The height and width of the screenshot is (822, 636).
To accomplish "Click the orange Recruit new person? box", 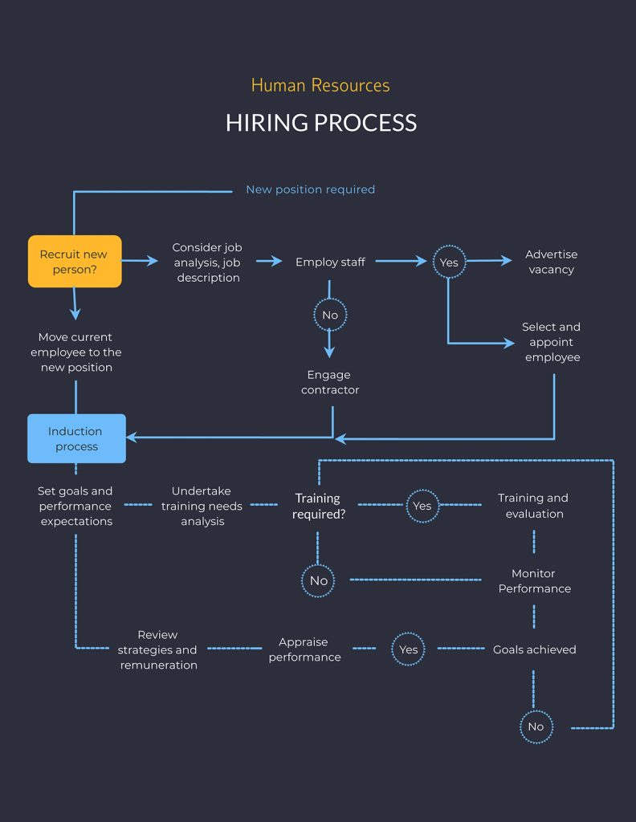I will pos(75,262).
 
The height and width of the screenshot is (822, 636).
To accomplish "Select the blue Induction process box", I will pos(76,438).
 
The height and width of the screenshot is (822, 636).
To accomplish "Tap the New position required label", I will pos(310,189).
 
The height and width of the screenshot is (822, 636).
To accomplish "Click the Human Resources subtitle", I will pos(320,85).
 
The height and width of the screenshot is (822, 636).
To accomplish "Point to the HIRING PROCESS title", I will pos(320,123).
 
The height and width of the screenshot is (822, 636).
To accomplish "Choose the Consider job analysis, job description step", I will pos(206,262).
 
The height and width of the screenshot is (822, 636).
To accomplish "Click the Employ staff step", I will pos(330,262).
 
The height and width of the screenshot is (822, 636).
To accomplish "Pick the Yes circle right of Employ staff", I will pos(449,262).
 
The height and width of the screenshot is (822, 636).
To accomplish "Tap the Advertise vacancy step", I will pos(551,262).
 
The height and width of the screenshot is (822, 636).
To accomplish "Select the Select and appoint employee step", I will pos(552,342).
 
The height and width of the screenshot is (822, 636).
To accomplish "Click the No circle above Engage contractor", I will pos(330,315).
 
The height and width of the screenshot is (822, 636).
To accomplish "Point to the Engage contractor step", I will pos(330,382).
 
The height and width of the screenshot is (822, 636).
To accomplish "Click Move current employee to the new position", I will pos(75,352).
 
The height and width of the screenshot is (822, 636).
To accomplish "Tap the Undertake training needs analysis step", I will pos(202,506).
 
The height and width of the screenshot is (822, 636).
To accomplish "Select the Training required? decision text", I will pos(318,506).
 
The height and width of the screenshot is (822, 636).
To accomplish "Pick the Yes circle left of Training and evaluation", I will pos(422,506).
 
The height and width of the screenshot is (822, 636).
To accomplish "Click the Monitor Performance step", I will pos(534,581).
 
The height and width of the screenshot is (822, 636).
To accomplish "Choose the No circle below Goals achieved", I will pos(536,726).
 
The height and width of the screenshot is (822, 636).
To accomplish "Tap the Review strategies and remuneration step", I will pos(158,649).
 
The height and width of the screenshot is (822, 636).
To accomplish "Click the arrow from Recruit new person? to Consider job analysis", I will pos(141,261).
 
